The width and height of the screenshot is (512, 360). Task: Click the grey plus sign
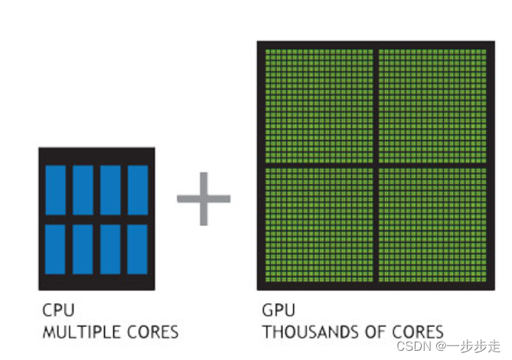(x=204, y=198)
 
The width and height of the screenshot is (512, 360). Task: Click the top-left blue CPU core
(x=55, y=190)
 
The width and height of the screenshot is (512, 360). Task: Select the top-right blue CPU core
(x=138, y=190)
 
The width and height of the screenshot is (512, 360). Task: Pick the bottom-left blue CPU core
(x=55, y=250)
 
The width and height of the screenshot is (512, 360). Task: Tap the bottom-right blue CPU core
(x=138, y=250)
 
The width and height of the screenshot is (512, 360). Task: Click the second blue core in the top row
(x=83, y=190)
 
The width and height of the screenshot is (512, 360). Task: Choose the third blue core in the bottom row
(x=110, y=250)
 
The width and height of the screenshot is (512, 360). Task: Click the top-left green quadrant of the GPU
(x=318, y=106)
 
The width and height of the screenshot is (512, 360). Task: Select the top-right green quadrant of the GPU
(x=432, y=106)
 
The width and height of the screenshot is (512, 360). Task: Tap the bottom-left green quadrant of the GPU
(x=318, y=224)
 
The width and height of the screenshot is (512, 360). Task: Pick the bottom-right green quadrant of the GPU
(x=432, y=224)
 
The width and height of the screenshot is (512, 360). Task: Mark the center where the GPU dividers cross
(x=376, y=165)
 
